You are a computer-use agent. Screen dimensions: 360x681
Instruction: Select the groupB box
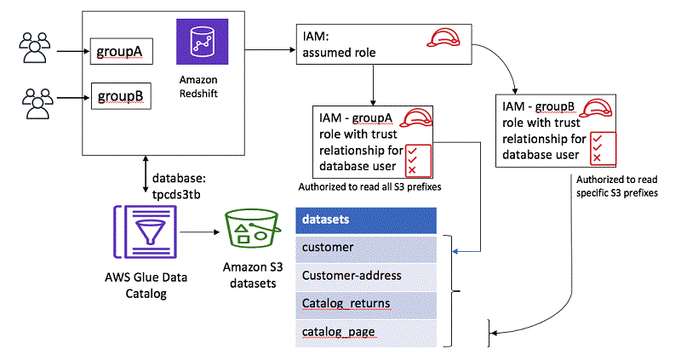click(121, 94)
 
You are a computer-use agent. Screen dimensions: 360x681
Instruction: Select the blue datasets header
click(366, 220)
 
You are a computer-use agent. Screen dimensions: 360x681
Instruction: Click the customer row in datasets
click(366, 248)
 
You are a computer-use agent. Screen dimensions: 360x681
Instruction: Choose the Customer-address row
click(366, 275)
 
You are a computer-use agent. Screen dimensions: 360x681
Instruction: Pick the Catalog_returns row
click(366, 302)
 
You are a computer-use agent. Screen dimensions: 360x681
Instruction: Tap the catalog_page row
click(366, 330)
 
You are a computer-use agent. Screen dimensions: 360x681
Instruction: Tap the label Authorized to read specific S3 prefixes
click(618, 186)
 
